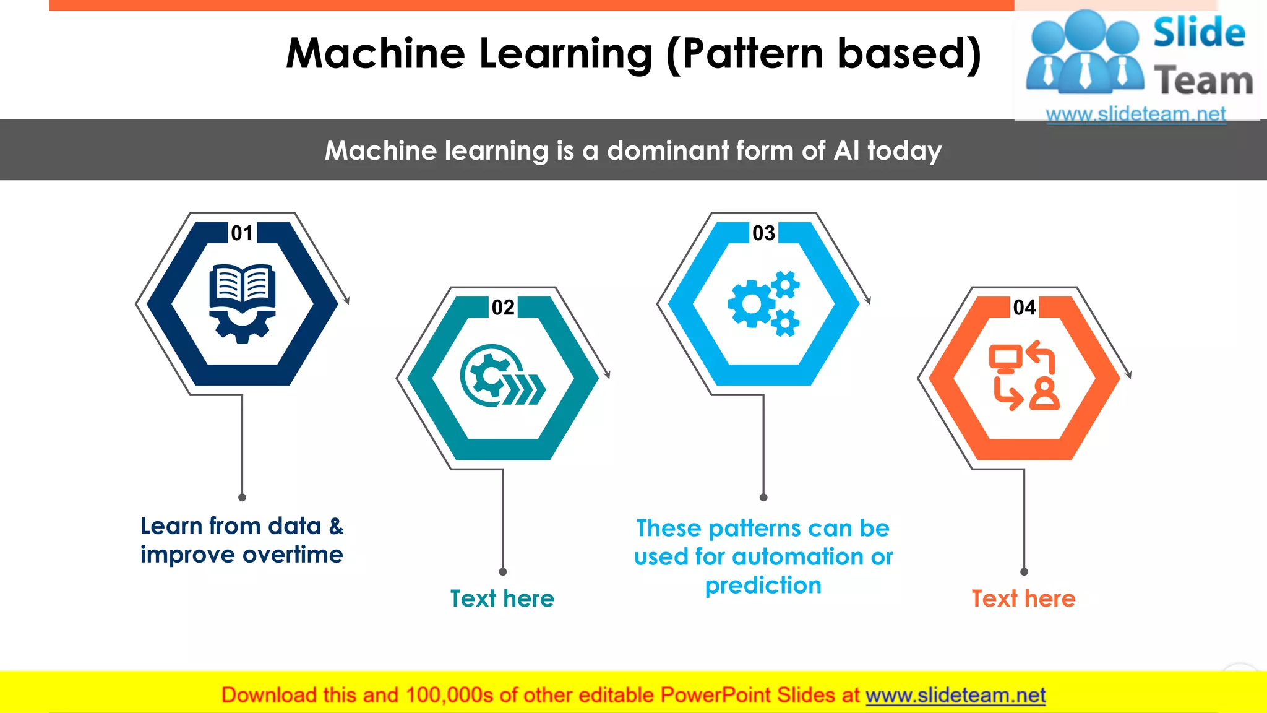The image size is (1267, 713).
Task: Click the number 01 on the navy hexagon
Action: click(242, 233)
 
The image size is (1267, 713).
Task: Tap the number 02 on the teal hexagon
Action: click(503, 308)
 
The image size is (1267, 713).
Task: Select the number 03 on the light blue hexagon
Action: click(763, 233)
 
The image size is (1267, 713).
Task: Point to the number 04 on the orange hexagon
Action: click(1024, 308)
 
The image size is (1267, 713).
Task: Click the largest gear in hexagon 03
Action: click(751, 303)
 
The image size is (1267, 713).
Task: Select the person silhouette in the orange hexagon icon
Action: click(1044, 394)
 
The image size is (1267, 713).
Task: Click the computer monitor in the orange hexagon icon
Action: click(1005, 358)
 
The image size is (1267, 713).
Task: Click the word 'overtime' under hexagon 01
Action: click(293, 555)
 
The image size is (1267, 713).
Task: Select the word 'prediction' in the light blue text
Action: click(763, 586)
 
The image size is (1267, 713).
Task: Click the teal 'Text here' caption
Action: click(502, 599)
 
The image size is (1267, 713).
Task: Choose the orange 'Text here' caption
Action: click(1023, 599)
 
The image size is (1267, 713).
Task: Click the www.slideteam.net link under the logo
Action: click(1136, 114)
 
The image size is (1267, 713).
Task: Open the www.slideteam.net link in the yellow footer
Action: click(955, 695)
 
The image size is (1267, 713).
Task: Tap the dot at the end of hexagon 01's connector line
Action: click(242, 498)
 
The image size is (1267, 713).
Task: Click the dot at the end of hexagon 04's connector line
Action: click(1024, 572)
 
